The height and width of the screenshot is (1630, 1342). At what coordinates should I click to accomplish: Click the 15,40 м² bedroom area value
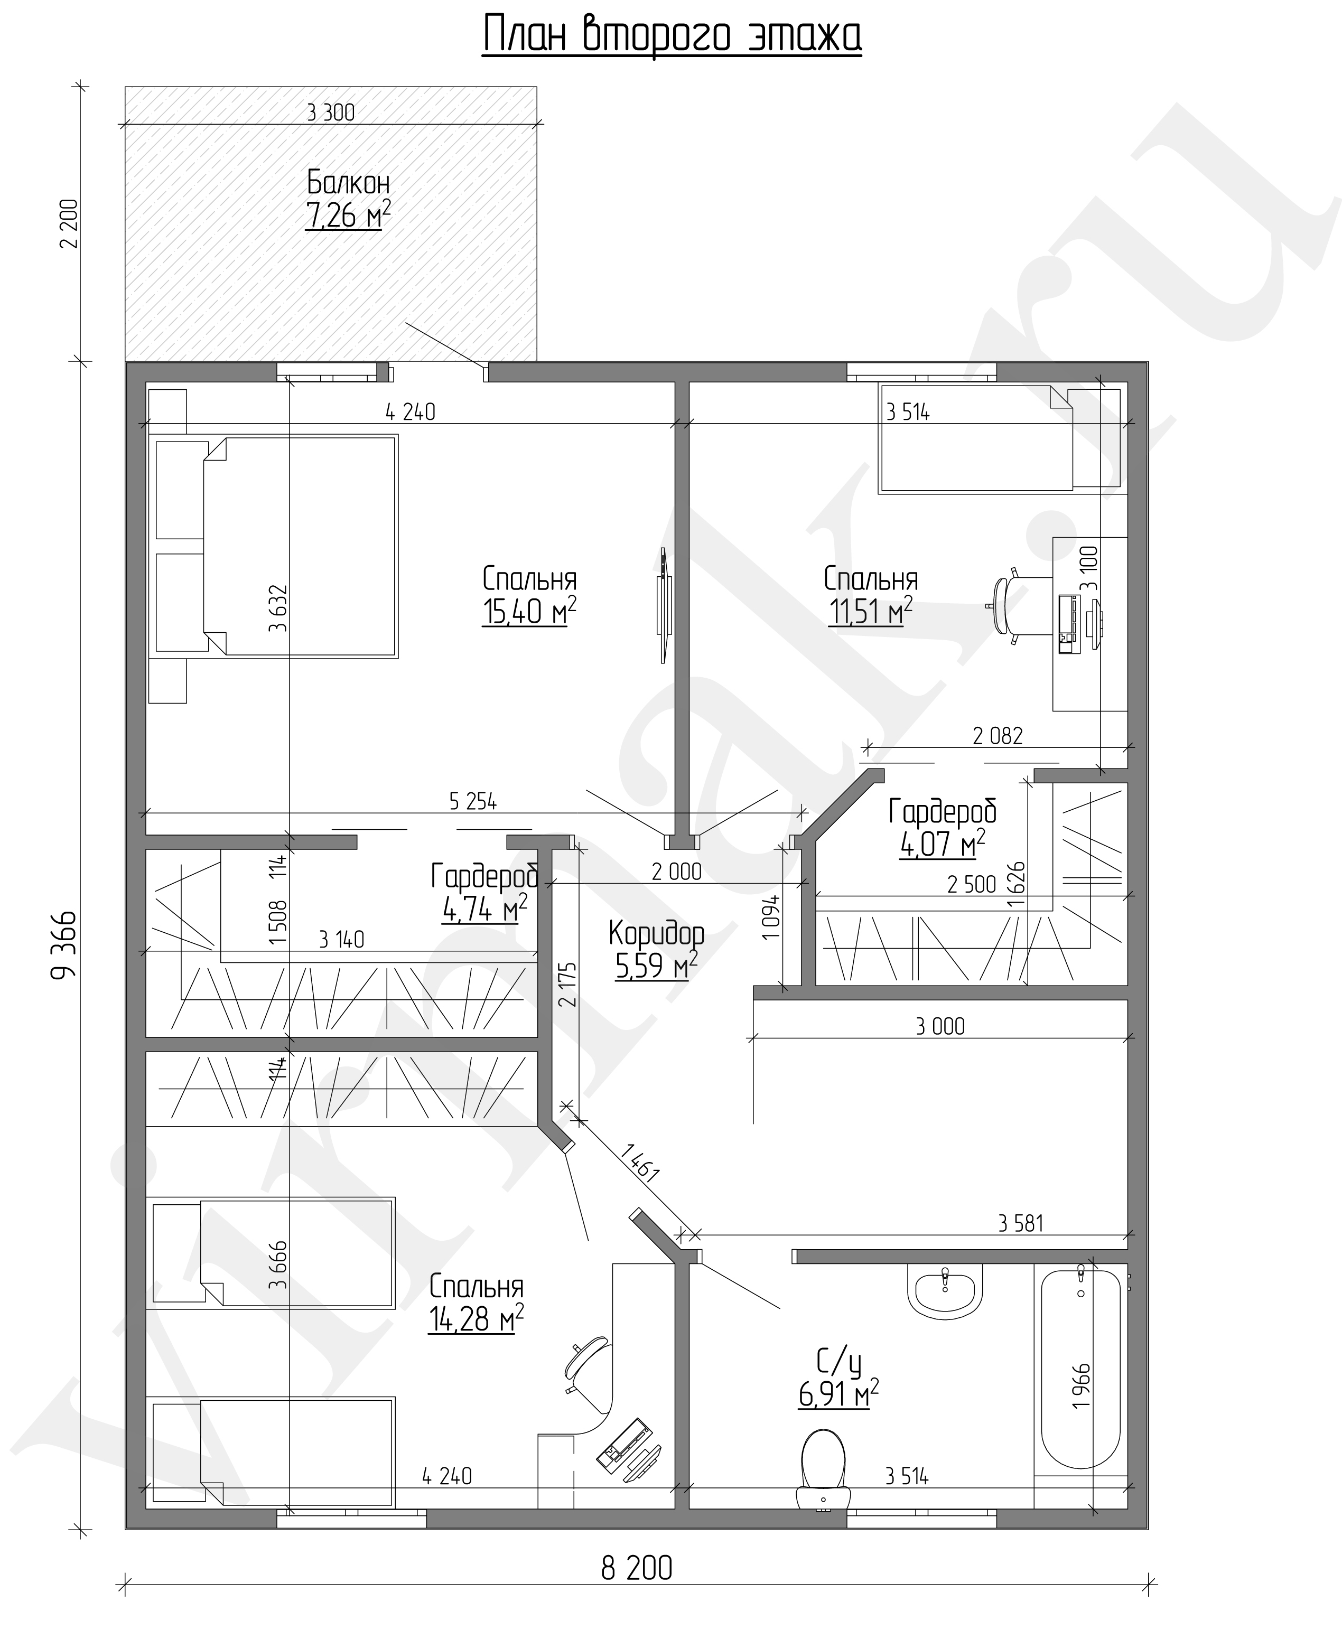pos(529,612)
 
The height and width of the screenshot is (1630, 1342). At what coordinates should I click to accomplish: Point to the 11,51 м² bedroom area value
pos(870,612)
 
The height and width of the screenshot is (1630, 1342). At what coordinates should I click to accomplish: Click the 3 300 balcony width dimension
pos(331,113)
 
